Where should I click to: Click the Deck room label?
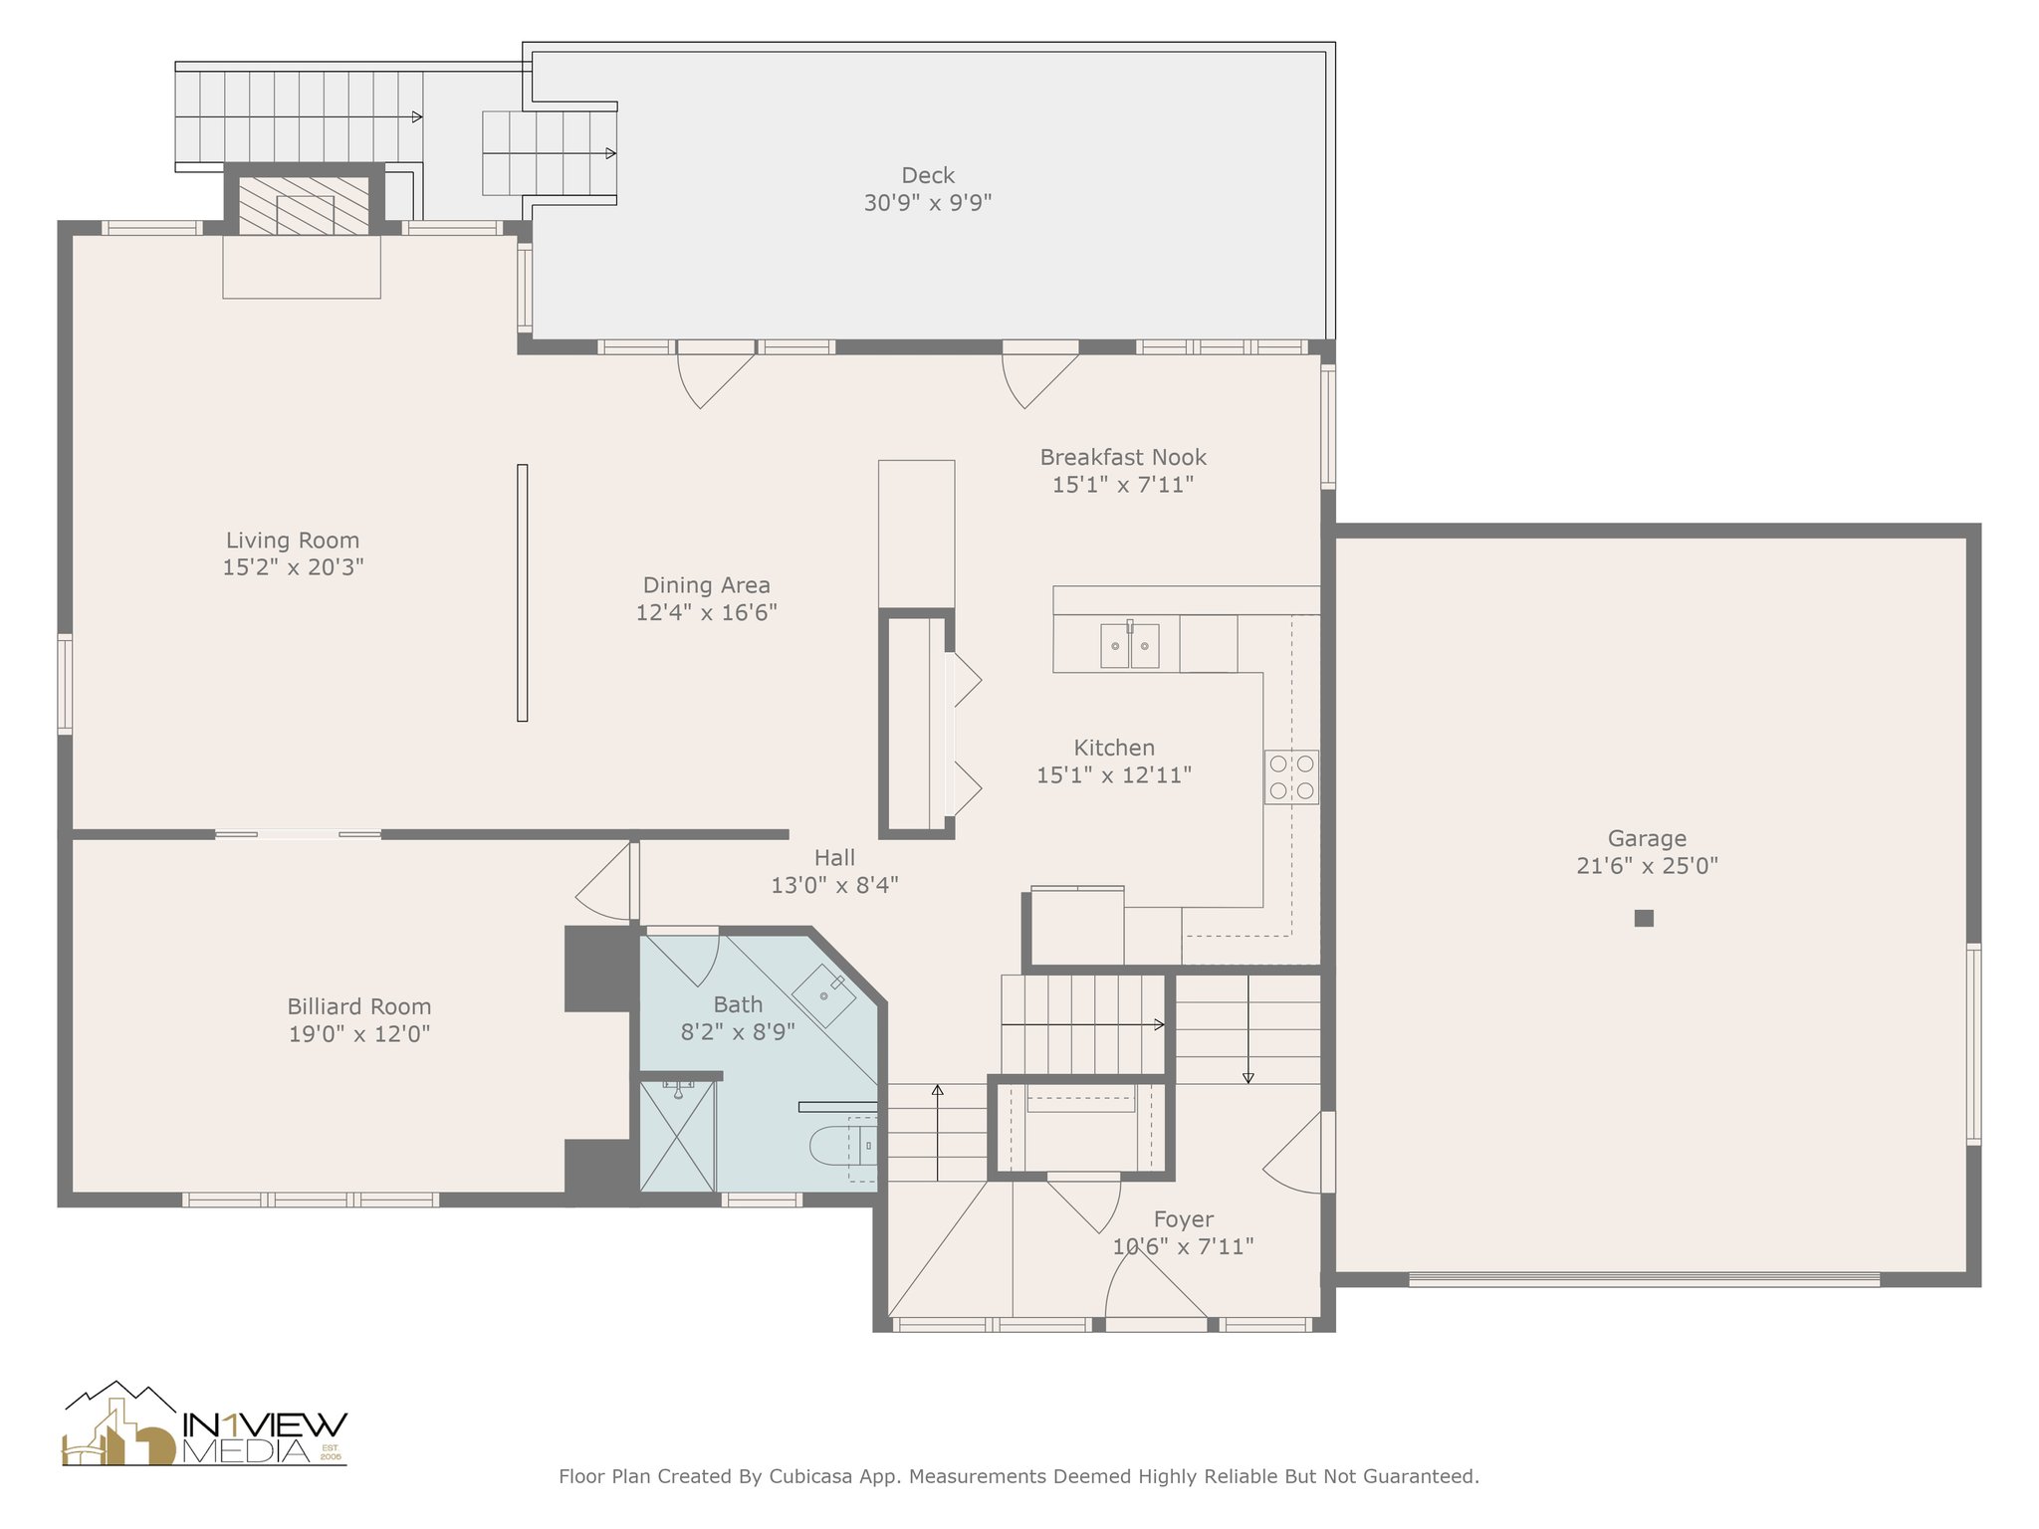[928, 176]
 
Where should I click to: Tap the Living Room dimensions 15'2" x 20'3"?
[293, 567]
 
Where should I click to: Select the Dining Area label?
[706, 585]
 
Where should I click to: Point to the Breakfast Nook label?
[1123, 457]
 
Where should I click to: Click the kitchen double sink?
[1130, 645]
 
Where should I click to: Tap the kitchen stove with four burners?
[1291, 777]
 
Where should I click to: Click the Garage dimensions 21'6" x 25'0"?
[1647, 866]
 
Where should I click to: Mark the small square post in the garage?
[1644, 918]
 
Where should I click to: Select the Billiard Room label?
[359, 1006]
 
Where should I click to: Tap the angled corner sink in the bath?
[824, 994]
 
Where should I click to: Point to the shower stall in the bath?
[677, 1136]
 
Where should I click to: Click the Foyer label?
[1184, 1219]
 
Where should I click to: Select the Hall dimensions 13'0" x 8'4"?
[834, 885]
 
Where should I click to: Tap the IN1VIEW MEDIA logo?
[205, 1423]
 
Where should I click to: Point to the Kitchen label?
[1114, 748]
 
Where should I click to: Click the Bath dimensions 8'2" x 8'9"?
[738, 1032]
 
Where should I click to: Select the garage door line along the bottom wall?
[1645, 1279]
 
